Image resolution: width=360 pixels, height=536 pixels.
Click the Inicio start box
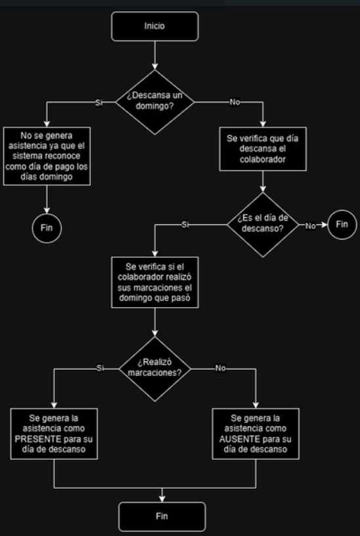click(155, 26)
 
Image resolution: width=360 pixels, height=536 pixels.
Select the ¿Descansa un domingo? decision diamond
click(155, 102)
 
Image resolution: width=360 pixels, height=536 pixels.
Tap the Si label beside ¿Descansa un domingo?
click(99, 102)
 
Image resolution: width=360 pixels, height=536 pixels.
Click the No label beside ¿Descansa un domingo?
click(235, 102)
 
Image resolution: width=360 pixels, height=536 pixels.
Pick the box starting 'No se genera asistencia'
click(47, 156)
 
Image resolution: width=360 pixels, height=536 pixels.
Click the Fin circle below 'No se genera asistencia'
click(47, 228)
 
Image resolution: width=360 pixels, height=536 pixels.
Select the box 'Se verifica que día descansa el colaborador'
click(263, 149)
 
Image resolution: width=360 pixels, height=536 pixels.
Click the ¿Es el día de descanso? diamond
click(263, 224)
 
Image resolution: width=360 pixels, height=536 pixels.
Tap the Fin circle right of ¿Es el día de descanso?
click(342, 224)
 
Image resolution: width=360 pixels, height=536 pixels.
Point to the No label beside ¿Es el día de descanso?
click(310, 226)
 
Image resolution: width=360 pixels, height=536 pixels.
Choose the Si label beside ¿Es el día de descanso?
click(185, 224)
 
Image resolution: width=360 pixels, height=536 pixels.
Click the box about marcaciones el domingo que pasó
click(155, 282)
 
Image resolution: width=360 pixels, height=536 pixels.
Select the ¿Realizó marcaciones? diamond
click(155, 369)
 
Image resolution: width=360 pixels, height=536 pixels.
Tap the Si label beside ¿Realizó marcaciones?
click(100, 369)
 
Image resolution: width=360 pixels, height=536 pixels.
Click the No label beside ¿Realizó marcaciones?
click(220, 369)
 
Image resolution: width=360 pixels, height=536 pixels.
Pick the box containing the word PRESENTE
click(54, 434)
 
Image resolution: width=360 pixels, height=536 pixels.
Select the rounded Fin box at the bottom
click(162, 516)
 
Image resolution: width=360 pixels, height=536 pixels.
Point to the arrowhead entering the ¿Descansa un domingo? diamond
click(155, 66)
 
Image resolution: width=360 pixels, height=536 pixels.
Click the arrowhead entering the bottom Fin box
click(162, 499)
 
